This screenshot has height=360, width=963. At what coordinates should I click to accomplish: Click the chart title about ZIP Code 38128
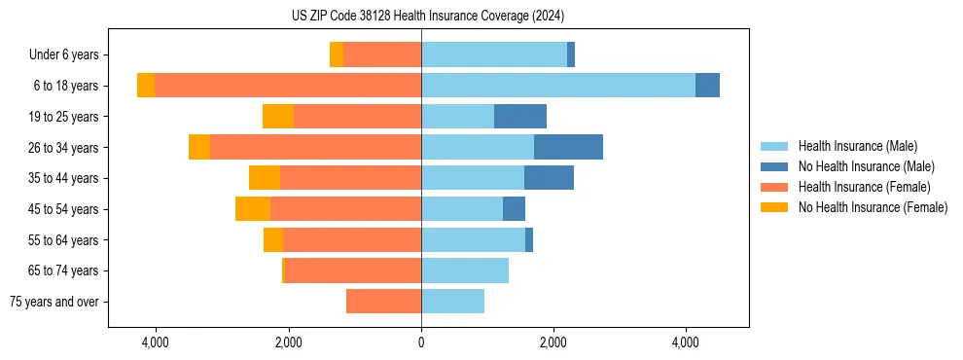point(427,16)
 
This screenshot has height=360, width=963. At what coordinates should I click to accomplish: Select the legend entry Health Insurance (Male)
point(857,146)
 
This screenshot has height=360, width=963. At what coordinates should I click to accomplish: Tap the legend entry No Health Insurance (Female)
point(873,207)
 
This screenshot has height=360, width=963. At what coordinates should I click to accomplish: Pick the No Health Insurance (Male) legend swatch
point(774,166)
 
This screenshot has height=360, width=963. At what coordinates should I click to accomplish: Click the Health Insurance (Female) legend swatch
point(774,187)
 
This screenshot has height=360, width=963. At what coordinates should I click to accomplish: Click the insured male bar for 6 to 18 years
point(557,86)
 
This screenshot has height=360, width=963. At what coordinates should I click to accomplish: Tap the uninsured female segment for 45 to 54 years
point(253,209)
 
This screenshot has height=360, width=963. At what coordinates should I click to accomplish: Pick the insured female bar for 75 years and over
point(383,302)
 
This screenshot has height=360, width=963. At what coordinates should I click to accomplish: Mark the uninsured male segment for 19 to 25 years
point(520,117)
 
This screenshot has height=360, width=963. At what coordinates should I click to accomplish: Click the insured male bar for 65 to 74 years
point(465,270)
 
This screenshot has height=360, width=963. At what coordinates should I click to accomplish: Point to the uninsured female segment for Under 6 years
point(337,55)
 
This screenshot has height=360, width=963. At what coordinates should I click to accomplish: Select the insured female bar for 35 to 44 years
point(350,178)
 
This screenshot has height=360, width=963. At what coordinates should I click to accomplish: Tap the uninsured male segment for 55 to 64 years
point(529,239)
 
